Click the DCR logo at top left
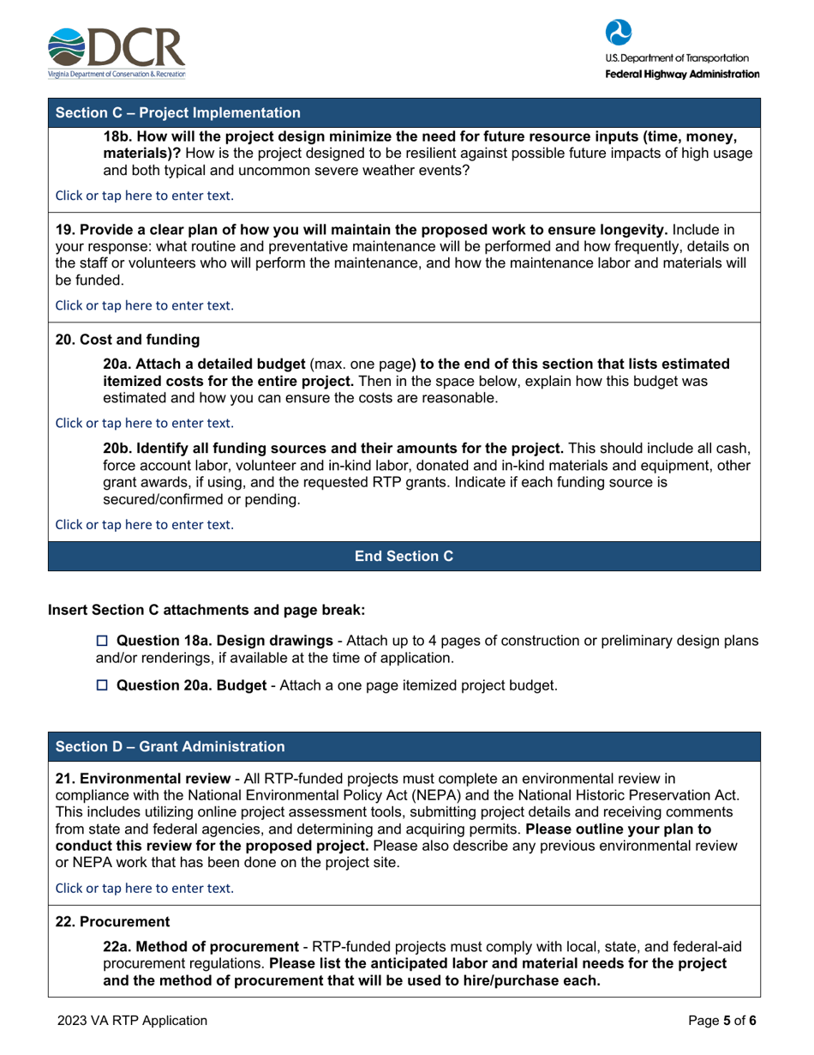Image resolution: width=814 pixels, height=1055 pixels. pos(117,52)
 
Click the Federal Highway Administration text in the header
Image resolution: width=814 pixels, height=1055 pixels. pos(682,75)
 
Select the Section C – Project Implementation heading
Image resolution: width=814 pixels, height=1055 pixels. pos(178,112)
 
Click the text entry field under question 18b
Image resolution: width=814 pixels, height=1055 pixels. pos(144,195)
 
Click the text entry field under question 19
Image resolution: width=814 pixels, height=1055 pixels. pos(144,304)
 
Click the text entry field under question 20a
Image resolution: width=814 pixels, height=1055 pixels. pos(144,422)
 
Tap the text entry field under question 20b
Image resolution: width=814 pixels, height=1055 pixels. pos(144,523)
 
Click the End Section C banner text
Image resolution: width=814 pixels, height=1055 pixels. pos(404,556)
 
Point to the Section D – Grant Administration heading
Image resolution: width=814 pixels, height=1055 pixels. pos(171,746)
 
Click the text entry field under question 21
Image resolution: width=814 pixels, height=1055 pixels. pos(144,889)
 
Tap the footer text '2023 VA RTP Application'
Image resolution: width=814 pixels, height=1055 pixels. pos(133,1021)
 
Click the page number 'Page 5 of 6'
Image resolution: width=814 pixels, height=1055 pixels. pos(724,1021)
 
